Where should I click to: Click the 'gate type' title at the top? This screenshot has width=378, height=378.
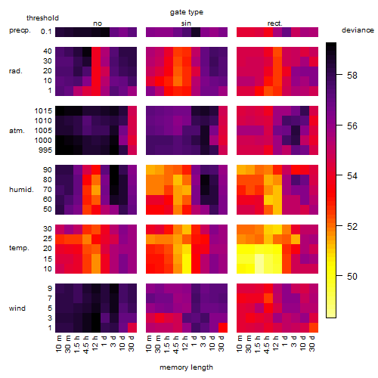[187, 12]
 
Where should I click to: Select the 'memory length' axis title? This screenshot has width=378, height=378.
[186, 367]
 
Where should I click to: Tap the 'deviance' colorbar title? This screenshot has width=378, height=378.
[358, 30]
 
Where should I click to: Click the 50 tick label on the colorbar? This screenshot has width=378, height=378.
[352, 277]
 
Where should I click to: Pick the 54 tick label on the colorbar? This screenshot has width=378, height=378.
[352, 175]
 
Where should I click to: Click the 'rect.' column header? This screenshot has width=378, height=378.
[275, 23]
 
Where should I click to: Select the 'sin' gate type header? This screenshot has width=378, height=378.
[186, 23]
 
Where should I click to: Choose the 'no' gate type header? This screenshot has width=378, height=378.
[98, 23]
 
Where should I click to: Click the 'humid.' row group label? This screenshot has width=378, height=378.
[21, 190]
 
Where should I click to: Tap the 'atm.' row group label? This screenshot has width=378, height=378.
[17, 131]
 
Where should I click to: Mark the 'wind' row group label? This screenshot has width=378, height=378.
[17, 308]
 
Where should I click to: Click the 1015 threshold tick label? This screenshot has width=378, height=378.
[43, 110]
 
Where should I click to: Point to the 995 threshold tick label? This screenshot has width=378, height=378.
[45, 150]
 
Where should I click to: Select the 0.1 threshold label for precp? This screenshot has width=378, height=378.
[46, 32]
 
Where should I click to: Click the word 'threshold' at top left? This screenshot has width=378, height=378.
[42, 18]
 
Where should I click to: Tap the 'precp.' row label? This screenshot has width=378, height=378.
[20, 31]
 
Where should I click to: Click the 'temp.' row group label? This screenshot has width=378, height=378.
[19, 248]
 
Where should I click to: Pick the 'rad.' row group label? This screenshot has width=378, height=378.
[16, 71]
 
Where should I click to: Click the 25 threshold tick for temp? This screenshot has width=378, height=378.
[48, 238]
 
